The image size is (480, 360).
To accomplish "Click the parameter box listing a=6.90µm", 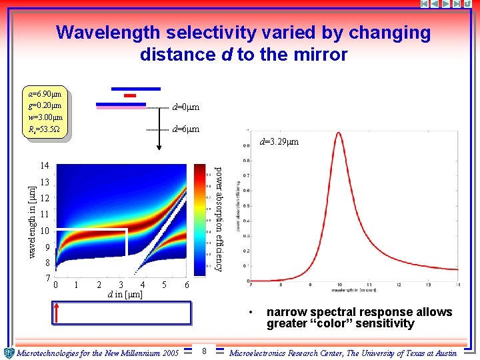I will coord(46,111).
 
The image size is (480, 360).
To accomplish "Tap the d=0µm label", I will coord(185,107).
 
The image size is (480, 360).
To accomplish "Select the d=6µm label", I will coord(185,129).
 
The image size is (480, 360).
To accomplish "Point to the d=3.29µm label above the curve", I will coord(279,142).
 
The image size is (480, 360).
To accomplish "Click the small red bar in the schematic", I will coord(130,96).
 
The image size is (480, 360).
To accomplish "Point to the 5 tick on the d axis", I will coord(164,285).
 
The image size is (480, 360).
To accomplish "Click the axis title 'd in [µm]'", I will coord(125,294).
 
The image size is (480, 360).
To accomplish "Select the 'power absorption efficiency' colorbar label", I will coord(218,218).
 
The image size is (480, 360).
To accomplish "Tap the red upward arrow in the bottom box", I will coord(58,313).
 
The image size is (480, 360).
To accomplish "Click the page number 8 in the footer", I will coord(204,351).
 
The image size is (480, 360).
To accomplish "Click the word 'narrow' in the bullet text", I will coord(285,312).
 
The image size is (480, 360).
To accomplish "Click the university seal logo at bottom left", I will coord(9,353).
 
